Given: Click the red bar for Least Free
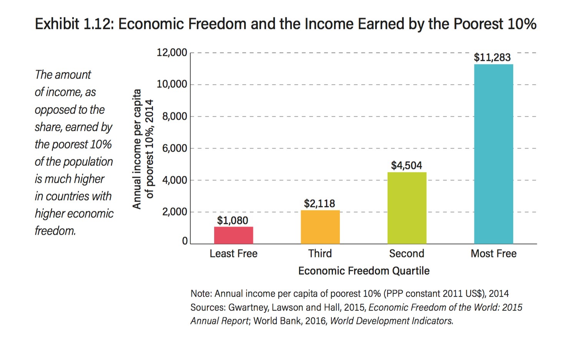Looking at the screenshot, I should pos(233,235).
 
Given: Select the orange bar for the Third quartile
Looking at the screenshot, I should pos(320,227).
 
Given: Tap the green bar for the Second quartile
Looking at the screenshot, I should pos(407,208).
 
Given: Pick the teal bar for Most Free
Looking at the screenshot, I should pos(493,154).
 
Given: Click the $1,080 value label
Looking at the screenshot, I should pos(233,220).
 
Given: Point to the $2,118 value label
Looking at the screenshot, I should pos(319,203).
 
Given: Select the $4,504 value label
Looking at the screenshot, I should pos(406,165).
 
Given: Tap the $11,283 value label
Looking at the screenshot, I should pos(492,58).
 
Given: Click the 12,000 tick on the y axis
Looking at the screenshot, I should pos(172,52).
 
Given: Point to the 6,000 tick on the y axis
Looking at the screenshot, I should pos(175,148).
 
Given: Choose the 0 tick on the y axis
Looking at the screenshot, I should pos(185,241).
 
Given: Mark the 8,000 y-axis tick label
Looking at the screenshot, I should pos(175,116).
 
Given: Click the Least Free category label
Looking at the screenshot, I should pos(233,253).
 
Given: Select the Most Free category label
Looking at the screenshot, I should pos(494,253).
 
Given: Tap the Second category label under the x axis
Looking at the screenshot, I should pos(407,253).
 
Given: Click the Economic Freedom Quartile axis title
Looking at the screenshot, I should pos(364,271).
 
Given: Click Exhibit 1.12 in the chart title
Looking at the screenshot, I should pos(73,24).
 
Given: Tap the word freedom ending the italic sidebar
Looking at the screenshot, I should pos(55,231).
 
